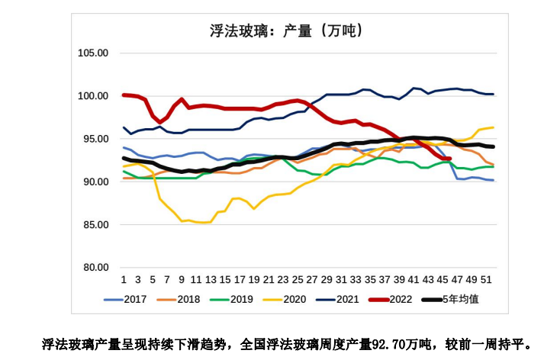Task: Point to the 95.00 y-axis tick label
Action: (95, 139)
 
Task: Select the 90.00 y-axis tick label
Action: (95, 182)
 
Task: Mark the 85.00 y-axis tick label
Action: (95, 224)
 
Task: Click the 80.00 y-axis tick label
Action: (95, 267)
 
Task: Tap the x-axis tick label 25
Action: (298, 279)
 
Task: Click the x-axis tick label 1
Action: (124, 279)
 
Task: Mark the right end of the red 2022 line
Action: (449, 159)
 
